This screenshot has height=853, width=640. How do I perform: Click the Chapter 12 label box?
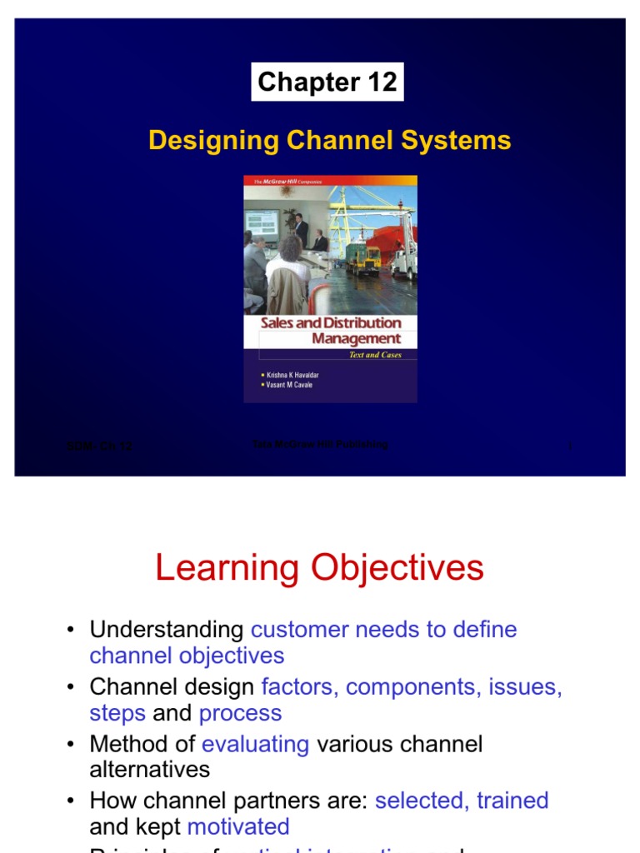pos(327,82)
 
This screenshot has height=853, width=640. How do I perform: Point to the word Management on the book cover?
pos(356,339)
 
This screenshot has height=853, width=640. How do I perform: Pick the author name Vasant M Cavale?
pos(289,386)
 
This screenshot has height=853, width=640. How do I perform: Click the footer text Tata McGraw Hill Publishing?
pos(320,445)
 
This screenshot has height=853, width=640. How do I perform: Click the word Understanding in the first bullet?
pos(167,630)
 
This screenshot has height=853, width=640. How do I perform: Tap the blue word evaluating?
pos(255,744)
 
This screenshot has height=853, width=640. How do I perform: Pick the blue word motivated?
pos(238,826)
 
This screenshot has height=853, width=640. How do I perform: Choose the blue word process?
pos(240,713)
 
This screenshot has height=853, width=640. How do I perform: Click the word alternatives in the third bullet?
pos(150,769)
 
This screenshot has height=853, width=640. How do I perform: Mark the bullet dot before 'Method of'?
pos(72,745)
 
